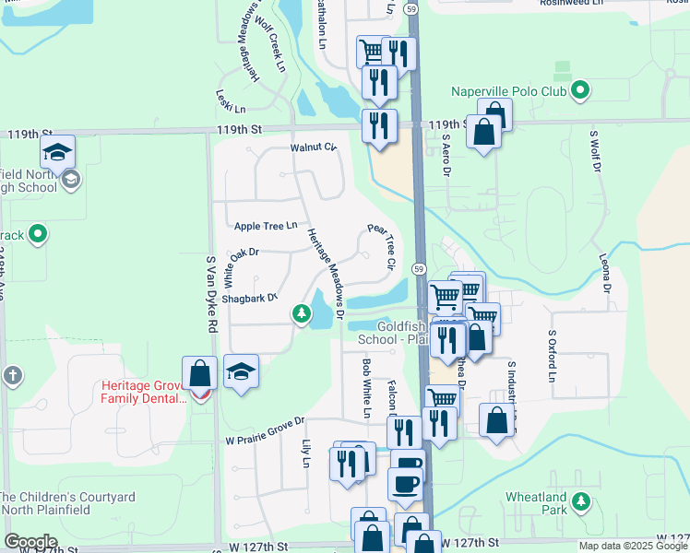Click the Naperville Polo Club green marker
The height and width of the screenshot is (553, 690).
point(580,90)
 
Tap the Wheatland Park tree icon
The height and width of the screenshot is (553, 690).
point(580,501)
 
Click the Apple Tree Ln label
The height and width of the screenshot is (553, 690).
point(266,226)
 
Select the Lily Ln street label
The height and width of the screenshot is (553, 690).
point(307,452)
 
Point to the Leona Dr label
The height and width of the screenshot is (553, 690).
point(607,275)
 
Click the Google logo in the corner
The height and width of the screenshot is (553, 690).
point(30,542)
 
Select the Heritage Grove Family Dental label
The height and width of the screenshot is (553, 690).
point(144,394)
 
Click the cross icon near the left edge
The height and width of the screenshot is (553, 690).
point(12,375)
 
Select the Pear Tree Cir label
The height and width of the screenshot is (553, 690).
point(383,246)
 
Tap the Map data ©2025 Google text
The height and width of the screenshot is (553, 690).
point(633,546)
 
